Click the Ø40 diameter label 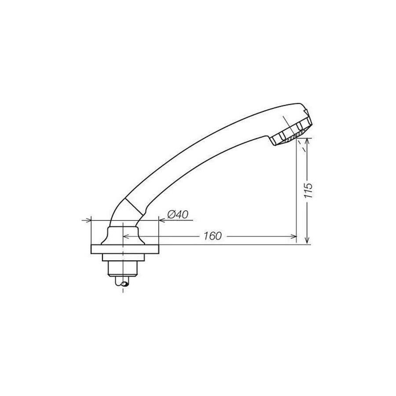click(178, 215)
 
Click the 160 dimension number click(213, 236)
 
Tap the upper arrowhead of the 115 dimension click(307, 141)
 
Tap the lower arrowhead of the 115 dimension click(307, 241)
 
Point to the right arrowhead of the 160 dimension click(293, 236)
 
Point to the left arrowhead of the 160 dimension click(126, 236)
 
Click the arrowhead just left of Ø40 click(162, 220)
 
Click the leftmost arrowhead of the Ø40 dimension click(88, 220)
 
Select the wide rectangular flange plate click(125, 249)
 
